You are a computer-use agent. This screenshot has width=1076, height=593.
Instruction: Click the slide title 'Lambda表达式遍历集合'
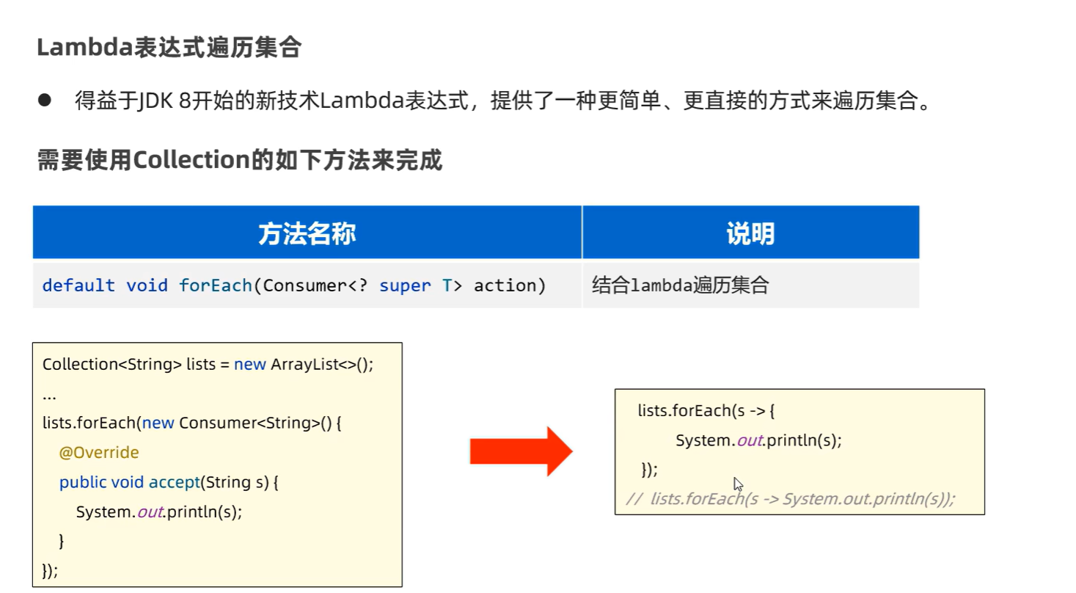coord(169,48)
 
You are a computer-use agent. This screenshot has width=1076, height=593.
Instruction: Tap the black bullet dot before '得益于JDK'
coord(44,100)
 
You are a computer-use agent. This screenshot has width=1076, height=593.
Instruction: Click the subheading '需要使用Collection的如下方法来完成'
coord(240,159)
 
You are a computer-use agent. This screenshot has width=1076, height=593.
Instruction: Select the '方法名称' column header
coord(307,233)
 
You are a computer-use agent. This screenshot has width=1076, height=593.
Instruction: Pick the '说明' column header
coord(750,233)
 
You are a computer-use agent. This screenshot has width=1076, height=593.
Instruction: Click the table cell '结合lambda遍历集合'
coord(680,285)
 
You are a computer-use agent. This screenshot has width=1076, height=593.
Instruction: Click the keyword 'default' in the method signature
coord(78,285)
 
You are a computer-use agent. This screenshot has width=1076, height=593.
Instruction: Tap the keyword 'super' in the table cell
coord(405,285)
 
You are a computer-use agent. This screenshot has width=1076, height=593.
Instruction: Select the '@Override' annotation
coord(99,453)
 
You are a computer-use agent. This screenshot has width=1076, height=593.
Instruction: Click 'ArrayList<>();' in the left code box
coord(322,365)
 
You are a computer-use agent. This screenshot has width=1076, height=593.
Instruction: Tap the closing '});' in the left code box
coord(50,570)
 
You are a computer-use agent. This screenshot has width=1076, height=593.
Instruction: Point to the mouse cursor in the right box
coord(737,483)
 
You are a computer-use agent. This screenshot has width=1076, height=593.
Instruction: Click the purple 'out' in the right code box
coord(750,440)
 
